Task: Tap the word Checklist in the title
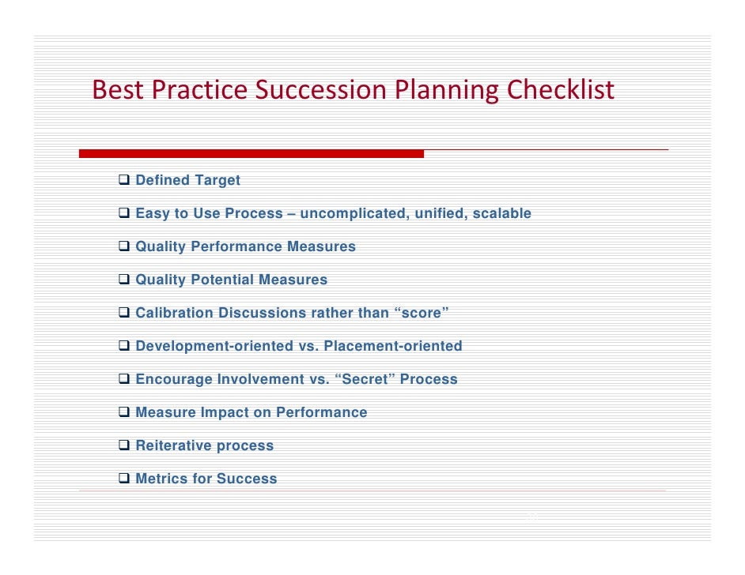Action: (x=560, y=91)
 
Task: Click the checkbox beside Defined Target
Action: (x=124, y=180)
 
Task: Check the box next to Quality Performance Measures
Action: (x=124, y=246)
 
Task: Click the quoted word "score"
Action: (x=421, y=313)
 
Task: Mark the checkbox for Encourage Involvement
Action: (x=124, y=379)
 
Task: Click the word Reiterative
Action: (x=173, y=445)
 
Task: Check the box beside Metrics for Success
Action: (x=124, y=479)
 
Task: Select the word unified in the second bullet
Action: (x=439, y=213)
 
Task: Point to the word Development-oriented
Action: (x=214, y=346)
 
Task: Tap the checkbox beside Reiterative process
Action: (x=124, y=445)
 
